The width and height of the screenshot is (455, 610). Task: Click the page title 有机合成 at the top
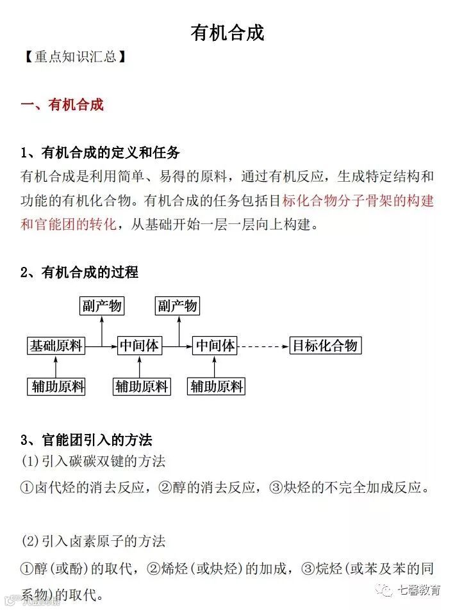pos(227,33)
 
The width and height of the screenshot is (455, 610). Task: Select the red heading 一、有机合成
pos(62,104)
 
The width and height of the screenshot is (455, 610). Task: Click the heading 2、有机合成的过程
pos(79,272)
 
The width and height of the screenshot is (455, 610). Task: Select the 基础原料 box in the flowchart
pos(56,346)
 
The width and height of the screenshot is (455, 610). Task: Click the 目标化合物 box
pos(325,346)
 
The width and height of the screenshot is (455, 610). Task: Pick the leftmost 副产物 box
pos(101,306)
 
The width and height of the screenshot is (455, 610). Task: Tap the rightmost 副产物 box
pos(178,306)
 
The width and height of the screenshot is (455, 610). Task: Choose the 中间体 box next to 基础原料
pos(140,346)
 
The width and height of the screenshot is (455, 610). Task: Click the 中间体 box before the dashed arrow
pos(215,346)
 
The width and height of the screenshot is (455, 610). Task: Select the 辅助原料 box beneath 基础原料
pos(56,386)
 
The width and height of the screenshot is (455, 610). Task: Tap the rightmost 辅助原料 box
pos(217,386)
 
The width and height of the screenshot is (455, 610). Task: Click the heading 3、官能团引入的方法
pos(87,440)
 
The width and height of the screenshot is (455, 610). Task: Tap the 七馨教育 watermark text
pos(419,590)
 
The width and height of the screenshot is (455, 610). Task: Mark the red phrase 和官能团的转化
pos(69,225)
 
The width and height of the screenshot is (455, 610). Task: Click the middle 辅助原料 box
pos(142,386)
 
